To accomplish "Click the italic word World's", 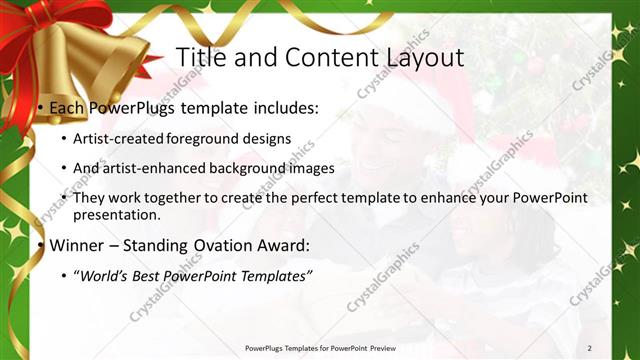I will click(x=106, y=276).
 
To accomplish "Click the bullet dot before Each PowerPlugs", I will click(x=39, y=107).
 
